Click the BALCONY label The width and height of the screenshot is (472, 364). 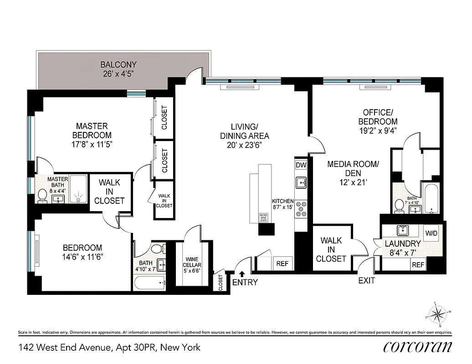(118, 65)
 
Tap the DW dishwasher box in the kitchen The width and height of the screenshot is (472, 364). (301, 165)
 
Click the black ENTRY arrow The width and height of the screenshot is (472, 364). (241, 273)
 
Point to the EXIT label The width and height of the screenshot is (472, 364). (366, 281)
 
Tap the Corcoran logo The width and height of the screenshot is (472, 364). (418, 347)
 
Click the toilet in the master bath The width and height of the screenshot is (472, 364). (42, 195)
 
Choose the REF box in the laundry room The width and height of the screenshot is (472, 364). (418, 265)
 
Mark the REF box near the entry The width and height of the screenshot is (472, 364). (282, 263)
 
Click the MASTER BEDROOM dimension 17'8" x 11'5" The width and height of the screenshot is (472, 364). (91, 145)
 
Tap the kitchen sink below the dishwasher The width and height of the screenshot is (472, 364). (301, 183)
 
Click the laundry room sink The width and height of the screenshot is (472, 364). (402, 230)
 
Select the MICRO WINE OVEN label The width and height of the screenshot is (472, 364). (263, 217)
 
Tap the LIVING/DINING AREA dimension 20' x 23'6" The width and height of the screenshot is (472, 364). (245, 145)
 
